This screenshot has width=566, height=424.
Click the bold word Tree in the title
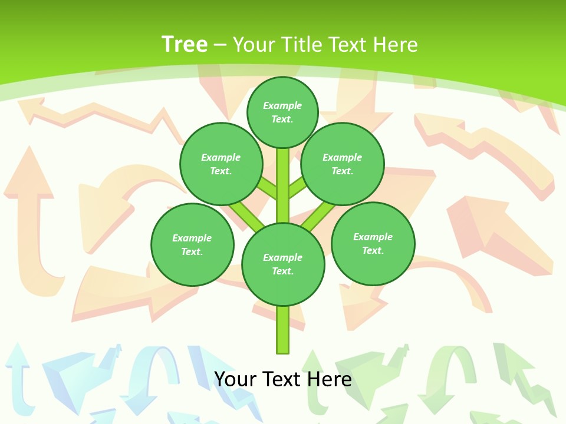pyautogui.click(x=185, y=44)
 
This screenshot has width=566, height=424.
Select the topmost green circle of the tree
pyautogui.click(x=282, y=112)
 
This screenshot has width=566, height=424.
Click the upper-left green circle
pyautogui.click(x=221, y=164)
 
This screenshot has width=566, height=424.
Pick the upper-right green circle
pyautogui.click(x=343, y=164)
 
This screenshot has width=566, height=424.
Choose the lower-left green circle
pyautogui.click(x=192, y=244)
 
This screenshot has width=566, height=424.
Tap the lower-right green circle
pyautogui.click(x=373, y=243)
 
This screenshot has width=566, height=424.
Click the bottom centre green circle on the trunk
pyautogui.click(x=283, y=264)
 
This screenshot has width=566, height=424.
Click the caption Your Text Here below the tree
pyautogui.click(x=282, y=379)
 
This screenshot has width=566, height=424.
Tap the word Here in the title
pyautogui.click(x=395, y=44)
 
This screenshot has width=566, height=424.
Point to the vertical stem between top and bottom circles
pyautogui.click(x=283, y=185)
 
